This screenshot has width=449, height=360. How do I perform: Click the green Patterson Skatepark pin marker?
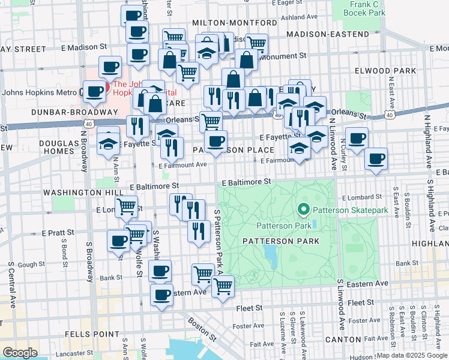click(x=304, y=209)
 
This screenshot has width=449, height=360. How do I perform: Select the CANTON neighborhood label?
click(x=342, y=340)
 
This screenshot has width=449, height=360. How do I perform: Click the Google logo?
click(x=20, y=352)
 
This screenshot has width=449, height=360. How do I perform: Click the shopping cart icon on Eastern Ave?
click(x=223, y=287)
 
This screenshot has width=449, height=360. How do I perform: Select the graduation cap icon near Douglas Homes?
click(x=108, y=144)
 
